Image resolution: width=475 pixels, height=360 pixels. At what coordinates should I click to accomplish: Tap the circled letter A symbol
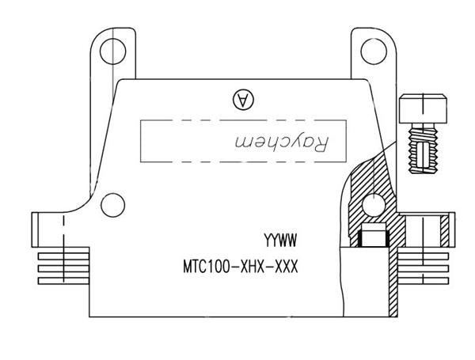coord(241,99)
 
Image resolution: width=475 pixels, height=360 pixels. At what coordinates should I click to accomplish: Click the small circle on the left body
coord(112,207)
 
